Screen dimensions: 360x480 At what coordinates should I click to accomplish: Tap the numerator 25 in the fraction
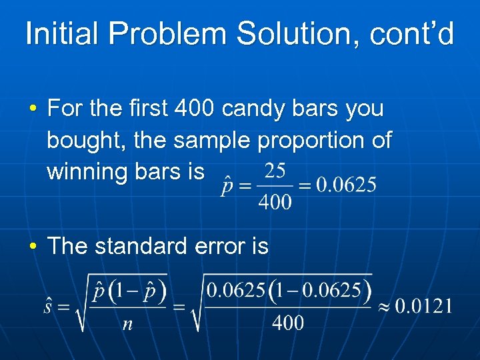click(x=275, y=171)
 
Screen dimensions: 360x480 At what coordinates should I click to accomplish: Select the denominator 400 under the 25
click(x=275, y=201)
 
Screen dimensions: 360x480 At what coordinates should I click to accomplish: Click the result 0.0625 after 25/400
click(x=345, y=185)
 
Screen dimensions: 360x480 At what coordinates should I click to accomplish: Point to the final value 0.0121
click(x=424, y=307)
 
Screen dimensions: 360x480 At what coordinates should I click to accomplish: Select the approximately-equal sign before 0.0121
click(x=383, y=307)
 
